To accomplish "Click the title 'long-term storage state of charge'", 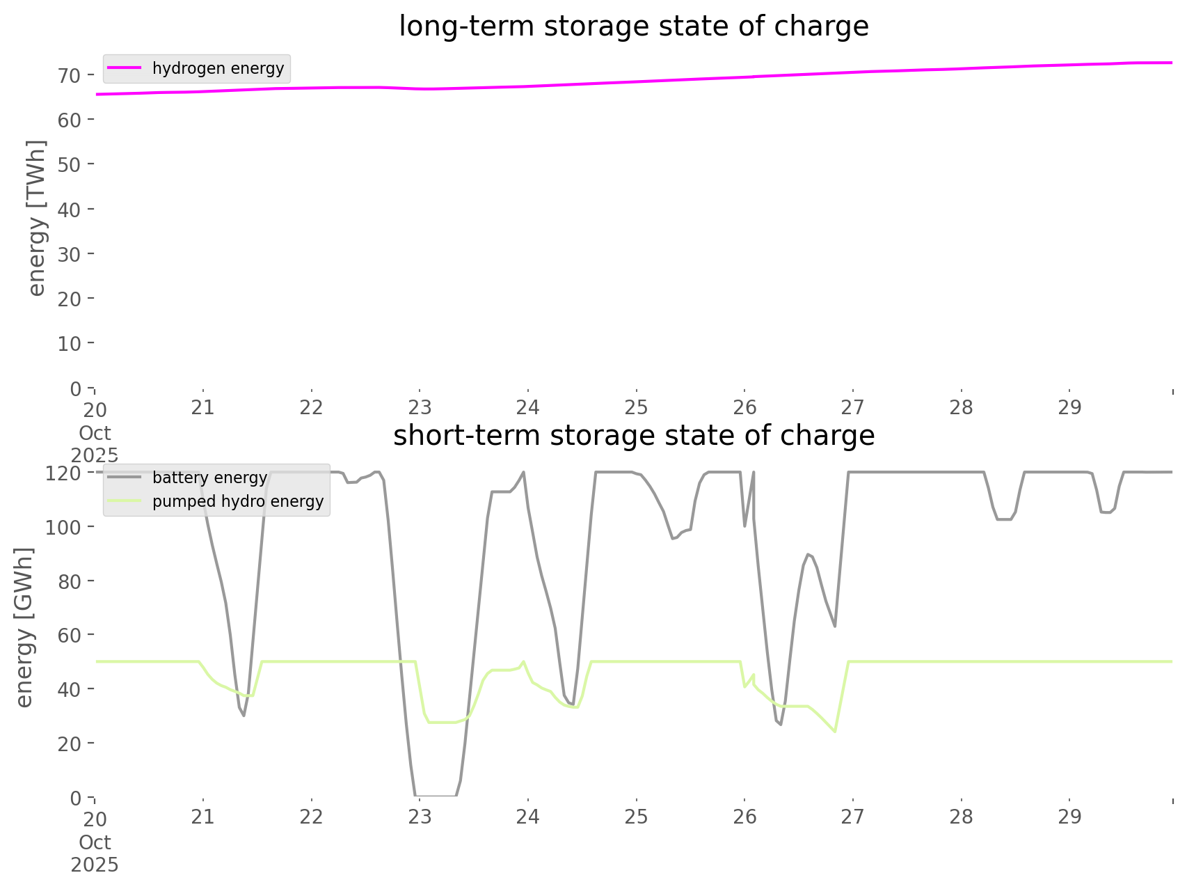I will (633, 26).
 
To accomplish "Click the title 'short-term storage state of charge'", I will (633, 436).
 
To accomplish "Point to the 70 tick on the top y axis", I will (70, 75).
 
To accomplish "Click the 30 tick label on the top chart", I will (70, 254).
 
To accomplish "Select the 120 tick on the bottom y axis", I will (63, 473).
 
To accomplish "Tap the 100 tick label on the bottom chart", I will (63, 527).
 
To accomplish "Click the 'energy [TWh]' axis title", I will (37, 218).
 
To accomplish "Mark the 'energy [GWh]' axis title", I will (24, 627).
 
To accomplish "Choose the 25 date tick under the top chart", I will (636, 407).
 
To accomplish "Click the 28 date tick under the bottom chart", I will (961, 817).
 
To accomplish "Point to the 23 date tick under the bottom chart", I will (420, 817).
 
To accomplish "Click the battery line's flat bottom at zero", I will (436, 795).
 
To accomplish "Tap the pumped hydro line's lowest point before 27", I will (834, 732).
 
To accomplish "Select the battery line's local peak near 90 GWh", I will (807, 554).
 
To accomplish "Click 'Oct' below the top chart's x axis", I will (95, 433).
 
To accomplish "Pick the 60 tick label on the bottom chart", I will (70, 635).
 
